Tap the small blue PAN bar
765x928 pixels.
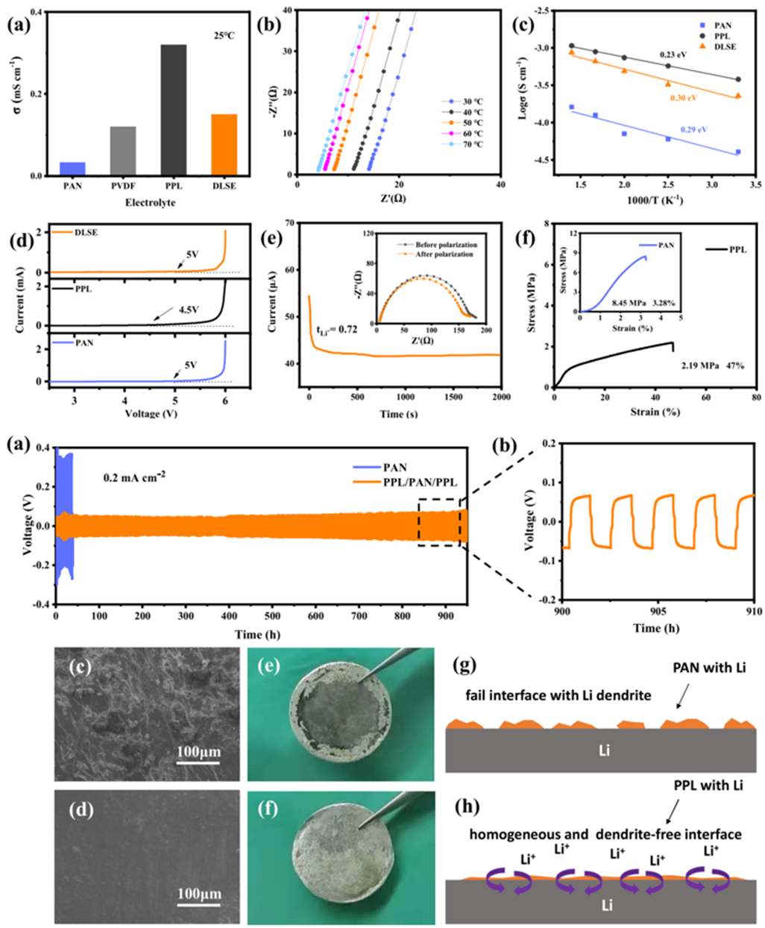72,169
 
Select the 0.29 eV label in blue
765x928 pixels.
693,130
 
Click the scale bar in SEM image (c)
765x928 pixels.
198,761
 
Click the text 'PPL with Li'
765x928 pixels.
707,786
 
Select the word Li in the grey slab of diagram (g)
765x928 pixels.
604,750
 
